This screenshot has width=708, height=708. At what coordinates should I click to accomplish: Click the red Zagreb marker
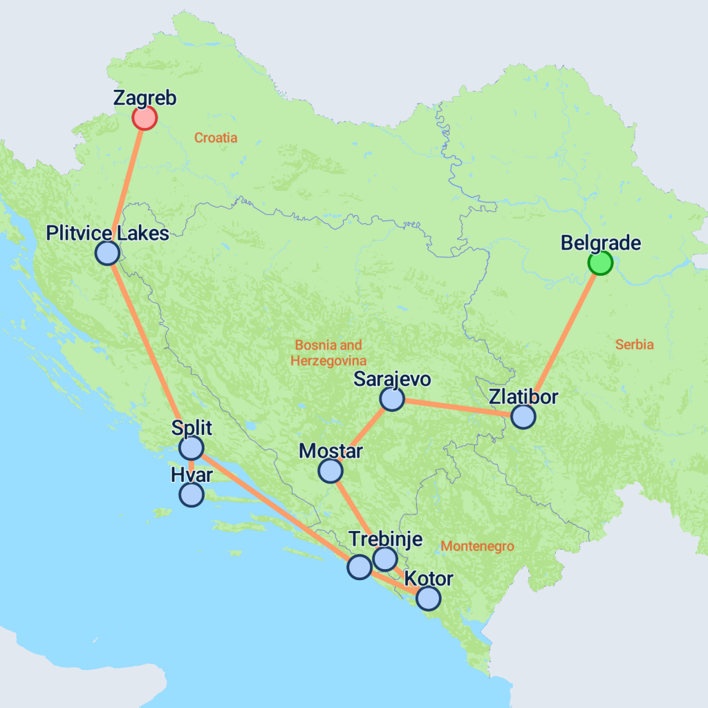(145, 118)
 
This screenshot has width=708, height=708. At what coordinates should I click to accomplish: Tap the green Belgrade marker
(600, 263)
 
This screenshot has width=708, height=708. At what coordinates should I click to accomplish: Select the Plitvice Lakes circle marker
(107, 253)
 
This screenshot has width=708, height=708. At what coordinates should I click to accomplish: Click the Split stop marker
(191, 448)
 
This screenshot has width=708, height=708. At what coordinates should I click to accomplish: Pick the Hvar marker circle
(191, 494)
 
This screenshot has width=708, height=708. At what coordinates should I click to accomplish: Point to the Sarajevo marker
(391, 399)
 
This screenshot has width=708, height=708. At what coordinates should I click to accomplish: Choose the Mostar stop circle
(330, 471)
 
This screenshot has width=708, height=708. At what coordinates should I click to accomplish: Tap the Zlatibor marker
(523, 416)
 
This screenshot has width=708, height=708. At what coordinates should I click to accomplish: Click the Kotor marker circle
(428, 598)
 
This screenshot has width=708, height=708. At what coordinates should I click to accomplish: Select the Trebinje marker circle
(384, 558)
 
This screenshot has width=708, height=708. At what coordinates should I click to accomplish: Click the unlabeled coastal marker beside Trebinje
(359, 567)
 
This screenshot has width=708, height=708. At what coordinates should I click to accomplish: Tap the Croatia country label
(216, 138)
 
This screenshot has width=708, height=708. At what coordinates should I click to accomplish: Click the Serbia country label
(634, 344)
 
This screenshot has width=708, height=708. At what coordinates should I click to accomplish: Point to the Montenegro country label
(477, 546)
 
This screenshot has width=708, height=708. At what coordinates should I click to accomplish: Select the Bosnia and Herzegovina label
(328, 353)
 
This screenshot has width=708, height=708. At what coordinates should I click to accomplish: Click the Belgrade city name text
(600, 243)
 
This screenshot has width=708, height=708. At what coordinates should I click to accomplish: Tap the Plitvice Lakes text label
(107, 234)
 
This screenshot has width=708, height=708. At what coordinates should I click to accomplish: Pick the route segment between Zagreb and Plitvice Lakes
(127, 183)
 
